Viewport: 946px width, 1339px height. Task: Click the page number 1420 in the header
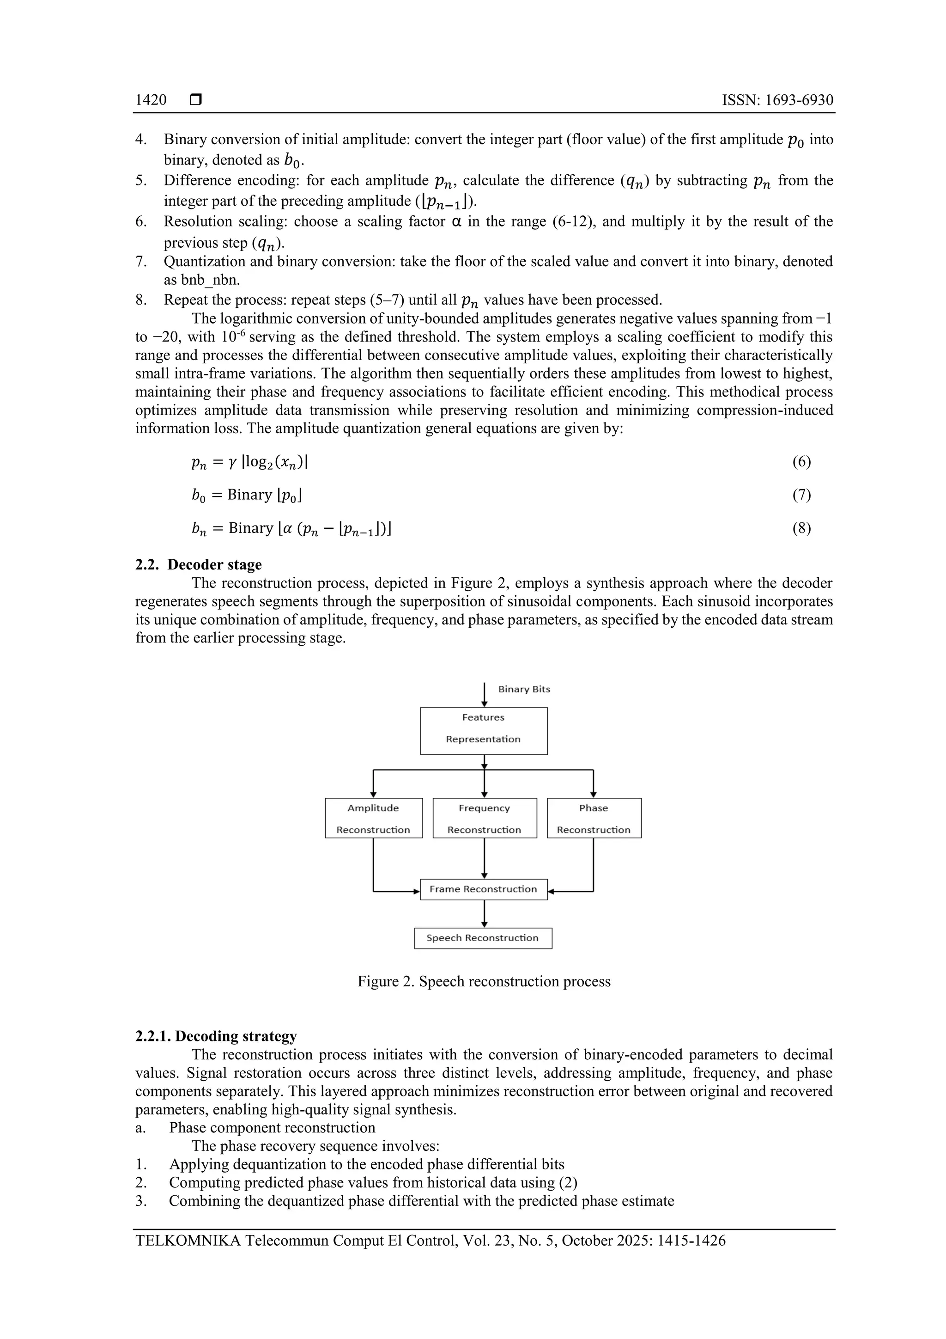[151, 100]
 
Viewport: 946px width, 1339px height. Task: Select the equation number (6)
[801, 462]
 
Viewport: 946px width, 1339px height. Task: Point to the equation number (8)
[801, 528]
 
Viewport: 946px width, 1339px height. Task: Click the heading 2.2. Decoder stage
[198, 564]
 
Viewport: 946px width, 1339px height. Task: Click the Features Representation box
[483, 731]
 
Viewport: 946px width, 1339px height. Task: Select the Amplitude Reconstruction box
[373, 818]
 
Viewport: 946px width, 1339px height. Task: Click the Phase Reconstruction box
[594, 818]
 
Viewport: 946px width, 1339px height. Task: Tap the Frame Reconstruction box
[483, 889]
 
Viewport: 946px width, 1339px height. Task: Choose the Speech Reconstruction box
[483, 938]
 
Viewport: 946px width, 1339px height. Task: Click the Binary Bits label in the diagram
[523, 689]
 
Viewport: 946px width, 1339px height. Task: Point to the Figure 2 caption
[484, 982]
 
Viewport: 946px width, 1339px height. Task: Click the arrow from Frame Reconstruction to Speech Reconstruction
[484, 914]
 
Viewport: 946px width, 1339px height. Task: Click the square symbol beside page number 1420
[196, 100]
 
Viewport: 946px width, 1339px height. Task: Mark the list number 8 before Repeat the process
[140, 300]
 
